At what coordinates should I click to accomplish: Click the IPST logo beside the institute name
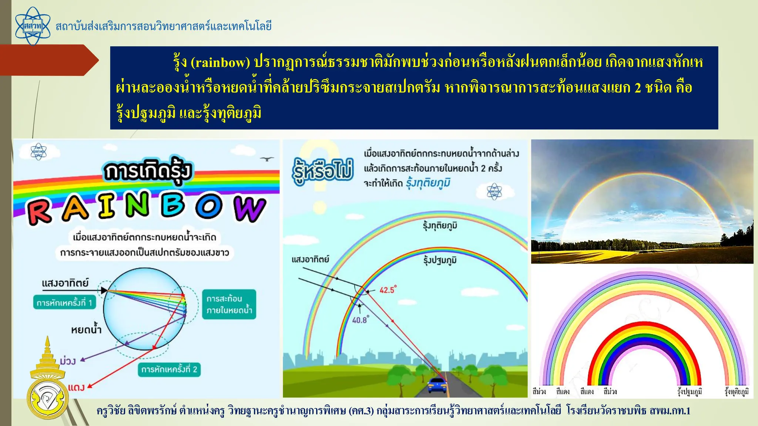pyautogui.click(x=33, y=26)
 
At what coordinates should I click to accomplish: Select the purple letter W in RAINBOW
pyautogui.click(x=249, y=209)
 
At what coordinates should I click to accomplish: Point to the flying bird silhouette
pyautogui.click(x=266, y=159)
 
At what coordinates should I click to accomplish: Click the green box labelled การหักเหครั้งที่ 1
pyautogui.click(x=64, y=302)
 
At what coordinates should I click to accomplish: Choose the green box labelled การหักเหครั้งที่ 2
pyautogui.click(x=169, y=369)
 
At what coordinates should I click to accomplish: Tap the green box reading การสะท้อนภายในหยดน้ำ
pyautogui.click(x=229, y=304)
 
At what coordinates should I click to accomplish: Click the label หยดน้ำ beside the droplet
pyautogui.click(x=86, y=329)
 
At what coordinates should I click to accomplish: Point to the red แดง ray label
pyautogui.click(x=76, y=387)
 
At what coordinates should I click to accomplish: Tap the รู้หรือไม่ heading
pyautogui.click(x=323, y=171)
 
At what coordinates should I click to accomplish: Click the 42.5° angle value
pyautogui.click(x=388, y=290)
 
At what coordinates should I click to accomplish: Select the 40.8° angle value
pyautogui.click(x=360, y=320)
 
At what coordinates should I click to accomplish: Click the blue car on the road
pyautogui.click(x=437, y=385)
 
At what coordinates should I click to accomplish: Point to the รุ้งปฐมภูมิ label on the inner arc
pyautogui.click(x=440, y=260)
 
